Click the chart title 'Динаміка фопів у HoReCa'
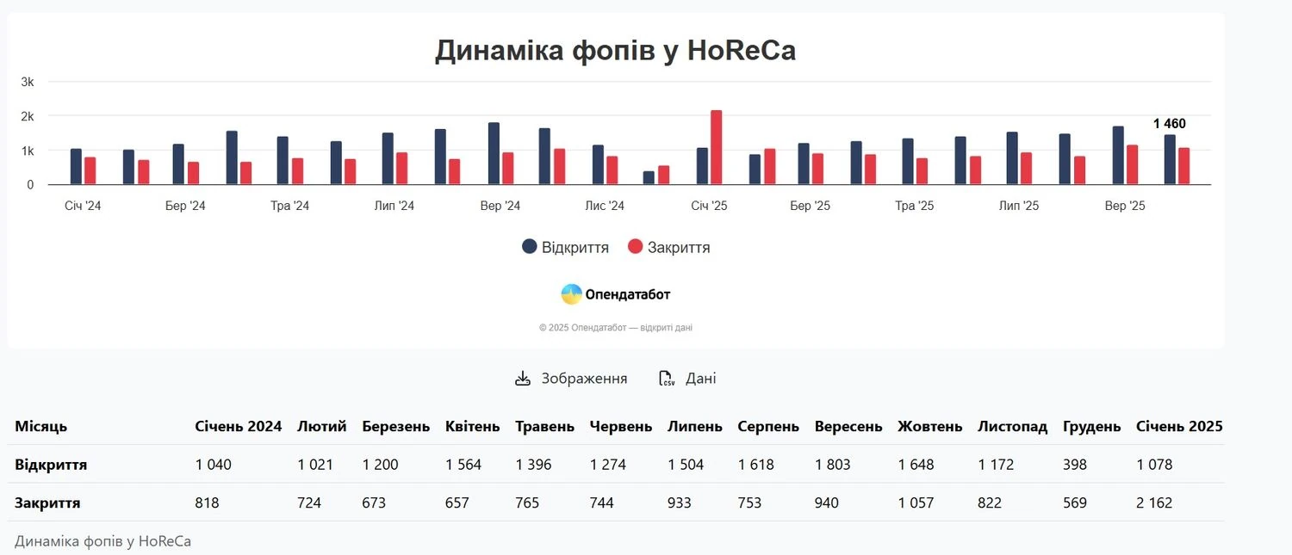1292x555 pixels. tap(615, 51)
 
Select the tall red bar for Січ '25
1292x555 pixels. tap(716, 147)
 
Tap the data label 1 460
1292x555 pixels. tap(1169, 124)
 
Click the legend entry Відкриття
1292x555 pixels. tap(565, 247)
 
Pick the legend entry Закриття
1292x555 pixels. tap(669, 247)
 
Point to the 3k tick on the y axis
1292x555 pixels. tap(28, 82)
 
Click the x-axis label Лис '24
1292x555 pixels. tap(605, 206)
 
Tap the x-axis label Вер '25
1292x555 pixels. tap(1125, 206)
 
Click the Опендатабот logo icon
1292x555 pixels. tap(571, 294)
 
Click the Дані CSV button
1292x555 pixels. tap(687, 379)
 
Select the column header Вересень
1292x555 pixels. tap(848, 426)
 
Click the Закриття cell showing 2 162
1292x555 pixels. tap(1154, 503)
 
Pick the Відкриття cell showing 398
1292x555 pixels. tap(1075, 465)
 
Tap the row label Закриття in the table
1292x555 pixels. tap(47, 503)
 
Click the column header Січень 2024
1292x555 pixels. tap(239, 426)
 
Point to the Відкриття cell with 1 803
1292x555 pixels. tap(832, 465)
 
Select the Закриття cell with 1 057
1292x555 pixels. tap(916, 503)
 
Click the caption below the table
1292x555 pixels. tap(102, 541)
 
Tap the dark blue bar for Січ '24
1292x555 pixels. tap(76, 167)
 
